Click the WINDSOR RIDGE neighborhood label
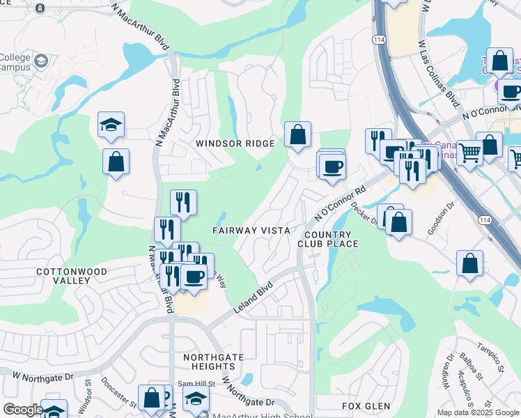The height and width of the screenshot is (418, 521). pyautogui.click(x=235, y=143)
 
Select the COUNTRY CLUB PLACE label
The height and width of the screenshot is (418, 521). pyautogui.click(x=327, y=239)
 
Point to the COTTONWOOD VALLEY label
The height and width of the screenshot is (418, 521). pyautogui.click(x=72, y=276)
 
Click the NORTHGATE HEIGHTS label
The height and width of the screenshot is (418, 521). pyautogui.click(x=213, y=362)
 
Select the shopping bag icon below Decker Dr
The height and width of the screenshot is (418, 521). pyautogui.click(x=398, y=222)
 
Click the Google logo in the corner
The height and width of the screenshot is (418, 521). pyautogui.click(x=22, y=410)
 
